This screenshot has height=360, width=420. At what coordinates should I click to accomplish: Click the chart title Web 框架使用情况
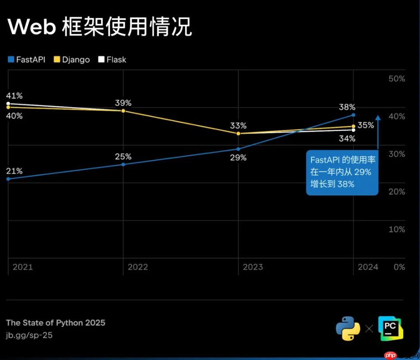coord(100,27)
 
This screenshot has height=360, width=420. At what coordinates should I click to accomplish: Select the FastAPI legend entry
coord(27,59)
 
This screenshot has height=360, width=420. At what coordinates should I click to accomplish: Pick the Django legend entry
coord(71,59)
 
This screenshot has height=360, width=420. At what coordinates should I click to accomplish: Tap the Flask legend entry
coord(112,59)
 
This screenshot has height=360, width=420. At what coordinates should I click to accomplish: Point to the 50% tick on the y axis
coord(397,78)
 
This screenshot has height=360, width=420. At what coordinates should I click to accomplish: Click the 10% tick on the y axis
coord(397,229)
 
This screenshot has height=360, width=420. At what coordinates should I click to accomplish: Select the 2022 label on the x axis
coord(138,267)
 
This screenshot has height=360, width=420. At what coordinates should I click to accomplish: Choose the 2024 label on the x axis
coord(368,267)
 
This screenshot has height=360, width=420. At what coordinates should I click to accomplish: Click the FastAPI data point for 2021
coord(8,179)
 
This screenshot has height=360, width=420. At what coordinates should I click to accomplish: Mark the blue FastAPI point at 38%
coord(353,115)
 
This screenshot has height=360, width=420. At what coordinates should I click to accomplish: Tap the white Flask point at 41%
coord(8,104)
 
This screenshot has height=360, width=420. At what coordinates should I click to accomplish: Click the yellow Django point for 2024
coord(353,126)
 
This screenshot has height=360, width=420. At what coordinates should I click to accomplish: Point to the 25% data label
coord(123,156)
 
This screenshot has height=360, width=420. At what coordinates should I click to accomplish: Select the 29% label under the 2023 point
coord(238,158)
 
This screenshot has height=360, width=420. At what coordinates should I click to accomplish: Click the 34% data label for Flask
coord(347,139)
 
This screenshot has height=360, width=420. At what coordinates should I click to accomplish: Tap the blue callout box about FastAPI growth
coord(342,172)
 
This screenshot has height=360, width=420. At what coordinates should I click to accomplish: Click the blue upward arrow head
coord(378,118)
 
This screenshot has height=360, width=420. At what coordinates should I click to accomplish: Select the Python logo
coord(348,329)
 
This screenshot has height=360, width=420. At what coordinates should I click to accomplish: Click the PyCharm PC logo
coord(390,329)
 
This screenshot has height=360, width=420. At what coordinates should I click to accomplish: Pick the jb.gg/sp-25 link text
coord(29,335)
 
